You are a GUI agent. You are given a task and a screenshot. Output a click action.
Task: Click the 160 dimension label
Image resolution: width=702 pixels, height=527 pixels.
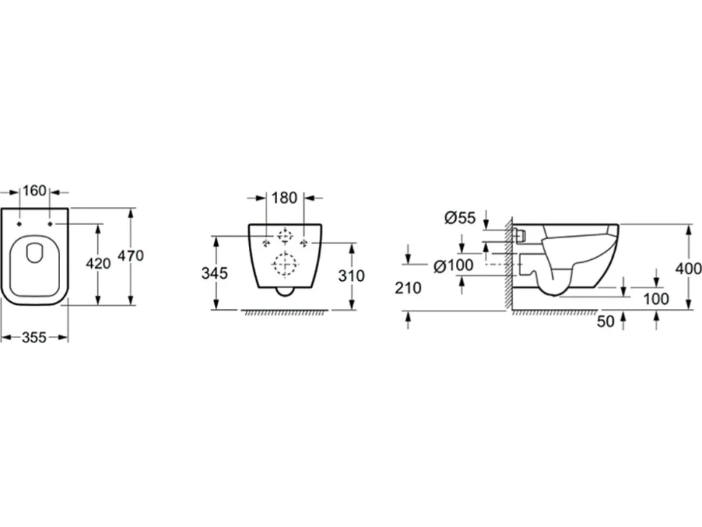pos(35,190)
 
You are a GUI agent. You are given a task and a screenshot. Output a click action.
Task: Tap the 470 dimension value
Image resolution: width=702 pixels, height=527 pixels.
pos(130,256)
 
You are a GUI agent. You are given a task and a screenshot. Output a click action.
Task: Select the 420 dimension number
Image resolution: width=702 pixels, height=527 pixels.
pos(98,263)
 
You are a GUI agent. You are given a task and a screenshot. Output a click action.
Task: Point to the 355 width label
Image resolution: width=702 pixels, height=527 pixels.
pos(34,337)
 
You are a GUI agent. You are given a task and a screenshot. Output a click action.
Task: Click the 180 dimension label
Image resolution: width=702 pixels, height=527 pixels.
pos(284,198)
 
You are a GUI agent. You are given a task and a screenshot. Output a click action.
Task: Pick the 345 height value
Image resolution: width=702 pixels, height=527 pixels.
pos(214,273)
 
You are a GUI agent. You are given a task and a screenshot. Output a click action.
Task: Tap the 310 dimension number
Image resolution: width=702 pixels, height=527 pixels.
pos(352,276)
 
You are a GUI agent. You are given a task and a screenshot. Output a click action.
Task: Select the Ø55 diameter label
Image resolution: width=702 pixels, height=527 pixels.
pos(460,218)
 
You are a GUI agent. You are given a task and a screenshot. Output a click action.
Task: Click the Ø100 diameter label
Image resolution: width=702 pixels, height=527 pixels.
pos(454,266)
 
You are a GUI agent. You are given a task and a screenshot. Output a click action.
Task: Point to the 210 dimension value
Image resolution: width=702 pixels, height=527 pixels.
pos(408,288)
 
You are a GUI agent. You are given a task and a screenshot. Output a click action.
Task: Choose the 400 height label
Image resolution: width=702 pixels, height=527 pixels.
pos(688,269)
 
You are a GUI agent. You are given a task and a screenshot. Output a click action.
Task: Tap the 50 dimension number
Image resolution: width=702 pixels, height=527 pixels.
pos(606,321)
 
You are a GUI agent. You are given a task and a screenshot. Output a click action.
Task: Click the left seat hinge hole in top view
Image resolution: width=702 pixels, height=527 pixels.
pos(20,224)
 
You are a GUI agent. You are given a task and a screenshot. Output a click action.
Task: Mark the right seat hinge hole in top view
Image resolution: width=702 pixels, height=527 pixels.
pos(50,224)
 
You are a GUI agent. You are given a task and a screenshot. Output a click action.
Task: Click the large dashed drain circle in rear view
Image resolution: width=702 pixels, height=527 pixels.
pos(285,263)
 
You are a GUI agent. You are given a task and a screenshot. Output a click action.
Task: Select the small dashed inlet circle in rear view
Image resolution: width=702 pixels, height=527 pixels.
pos(284,235)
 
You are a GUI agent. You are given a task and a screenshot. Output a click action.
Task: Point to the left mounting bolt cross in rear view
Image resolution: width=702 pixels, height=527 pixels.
pos(266,243)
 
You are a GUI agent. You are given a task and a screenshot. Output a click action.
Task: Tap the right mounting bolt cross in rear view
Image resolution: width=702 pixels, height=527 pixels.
pos(305,243)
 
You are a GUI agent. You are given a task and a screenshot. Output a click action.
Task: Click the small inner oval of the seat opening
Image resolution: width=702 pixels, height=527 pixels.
pos(35,253)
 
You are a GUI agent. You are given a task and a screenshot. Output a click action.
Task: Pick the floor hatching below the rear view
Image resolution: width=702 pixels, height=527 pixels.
pos(284,313)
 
